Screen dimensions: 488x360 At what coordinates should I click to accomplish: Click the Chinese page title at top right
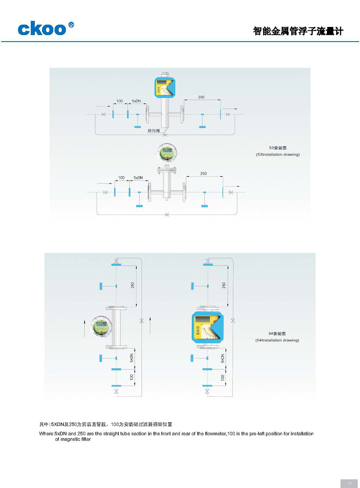coord(298,31)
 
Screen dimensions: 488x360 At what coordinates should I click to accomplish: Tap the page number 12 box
coord(349,483)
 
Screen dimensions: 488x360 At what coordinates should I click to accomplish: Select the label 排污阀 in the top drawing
coord(153,131)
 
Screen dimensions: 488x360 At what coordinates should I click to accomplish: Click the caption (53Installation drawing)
coord(278,154)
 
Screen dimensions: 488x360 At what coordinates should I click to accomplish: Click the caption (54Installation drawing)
coord(277,340)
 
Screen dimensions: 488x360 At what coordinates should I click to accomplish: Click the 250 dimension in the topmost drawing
coord(201,97)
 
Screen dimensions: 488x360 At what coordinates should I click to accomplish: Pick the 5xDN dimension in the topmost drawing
coord(136,101)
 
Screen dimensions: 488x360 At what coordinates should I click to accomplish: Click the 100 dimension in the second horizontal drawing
coord(121,178)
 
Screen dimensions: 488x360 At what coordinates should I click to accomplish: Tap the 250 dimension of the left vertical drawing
coord(133,285)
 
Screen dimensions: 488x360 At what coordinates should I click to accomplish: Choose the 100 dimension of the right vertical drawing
coord(222,377)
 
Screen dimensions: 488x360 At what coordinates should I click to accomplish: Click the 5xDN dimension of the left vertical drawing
coord(132,358)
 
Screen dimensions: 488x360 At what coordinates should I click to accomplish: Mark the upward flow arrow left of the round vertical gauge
coord(85,328)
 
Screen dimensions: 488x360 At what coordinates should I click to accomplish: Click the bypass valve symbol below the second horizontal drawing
coord(167,215)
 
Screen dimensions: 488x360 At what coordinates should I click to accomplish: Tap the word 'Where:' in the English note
coord(46,433)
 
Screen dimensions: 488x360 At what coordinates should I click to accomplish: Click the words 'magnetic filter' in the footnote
coord(73,439)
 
